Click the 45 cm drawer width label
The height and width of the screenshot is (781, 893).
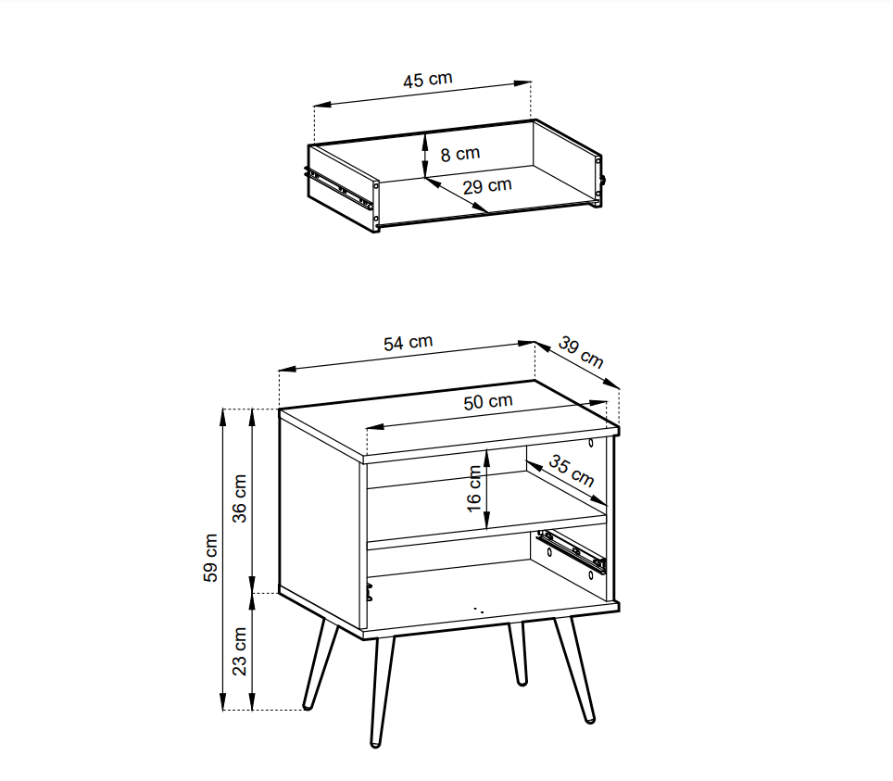click(428, 80)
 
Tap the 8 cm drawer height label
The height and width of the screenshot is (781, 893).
click(460, 154)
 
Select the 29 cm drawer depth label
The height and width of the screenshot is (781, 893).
click(487, 185)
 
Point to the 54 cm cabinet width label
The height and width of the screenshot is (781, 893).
click(408, 343)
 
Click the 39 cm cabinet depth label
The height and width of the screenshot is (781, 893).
click(580, 352)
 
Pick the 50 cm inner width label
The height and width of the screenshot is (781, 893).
click(488, 401)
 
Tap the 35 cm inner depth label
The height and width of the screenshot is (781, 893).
click(572, 472)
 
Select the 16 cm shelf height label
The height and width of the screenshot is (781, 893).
click(474, 489)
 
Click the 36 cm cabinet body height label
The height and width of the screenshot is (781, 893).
click(240, 498)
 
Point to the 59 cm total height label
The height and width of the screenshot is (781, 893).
click(210, 558)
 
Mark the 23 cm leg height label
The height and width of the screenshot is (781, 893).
click(240, 651)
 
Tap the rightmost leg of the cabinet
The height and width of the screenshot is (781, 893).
click(575, 669)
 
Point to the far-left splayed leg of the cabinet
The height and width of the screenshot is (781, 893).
click(321, 664)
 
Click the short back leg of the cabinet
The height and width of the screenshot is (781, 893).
click(518, 653)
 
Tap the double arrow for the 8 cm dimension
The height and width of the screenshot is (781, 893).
click(425, 156)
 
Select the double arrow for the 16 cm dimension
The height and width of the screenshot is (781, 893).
click(487, 489)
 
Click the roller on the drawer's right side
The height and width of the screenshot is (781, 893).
click(602, 180)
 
